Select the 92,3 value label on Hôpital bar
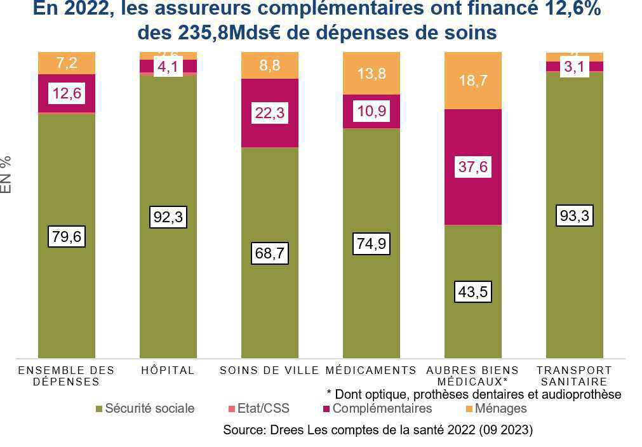168,217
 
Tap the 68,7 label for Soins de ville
270,253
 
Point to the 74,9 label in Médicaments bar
371,243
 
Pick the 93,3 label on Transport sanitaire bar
575,217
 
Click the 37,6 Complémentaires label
473,167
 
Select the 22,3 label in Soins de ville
270,113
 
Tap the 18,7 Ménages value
473,79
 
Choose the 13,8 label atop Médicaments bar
371,74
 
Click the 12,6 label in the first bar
67,93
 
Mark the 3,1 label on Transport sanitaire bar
575,67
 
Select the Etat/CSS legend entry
262,408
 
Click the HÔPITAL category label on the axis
168,370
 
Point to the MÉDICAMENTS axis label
371,370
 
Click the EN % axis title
6,174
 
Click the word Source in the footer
241,430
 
